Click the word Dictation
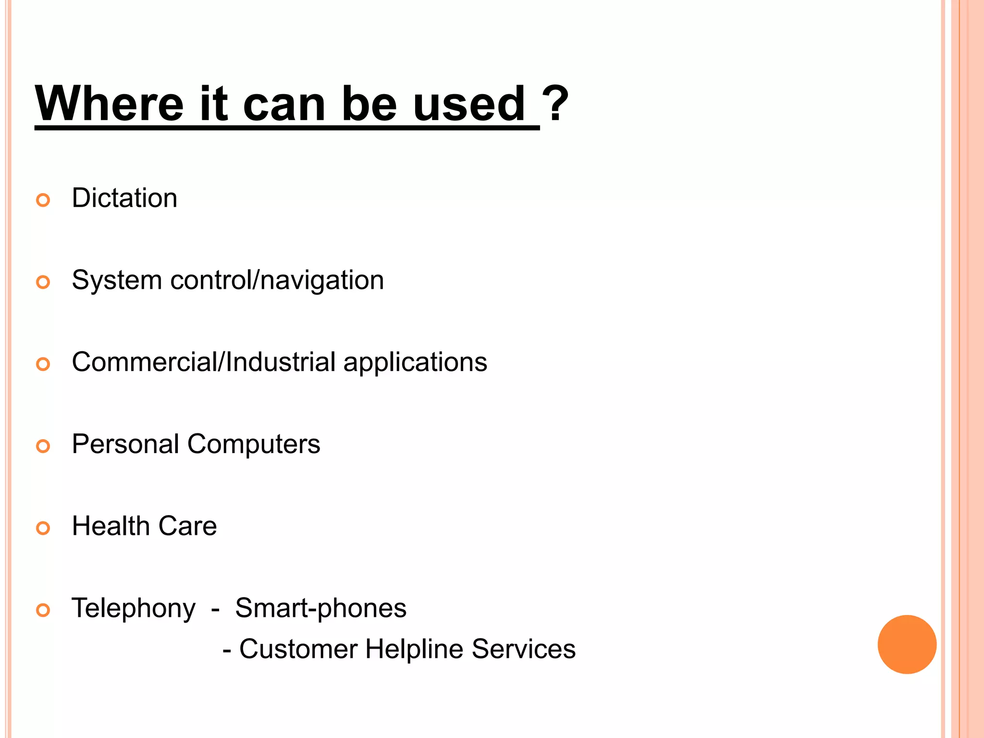coord(124,198)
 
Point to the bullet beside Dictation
coord(43,200)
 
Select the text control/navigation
coord(277,280)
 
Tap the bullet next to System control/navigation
coord(43,282)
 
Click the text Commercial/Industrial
coord(204,362)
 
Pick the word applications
coord(415,363)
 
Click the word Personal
coord(125,444)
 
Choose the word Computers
coord(254,445)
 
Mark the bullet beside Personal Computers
coord(43,446)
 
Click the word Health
coord(111,526)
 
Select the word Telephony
coord(134,609)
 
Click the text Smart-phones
coord(320,608)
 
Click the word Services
coord(523,649)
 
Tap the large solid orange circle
coord(907,644)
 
